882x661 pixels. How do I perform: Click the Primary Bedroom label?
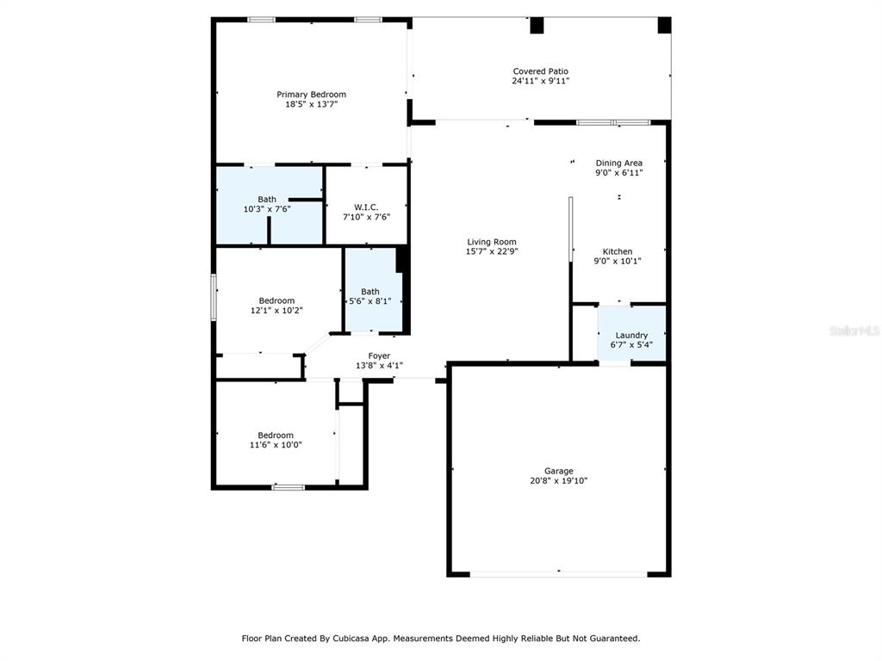click(x=311, y=95)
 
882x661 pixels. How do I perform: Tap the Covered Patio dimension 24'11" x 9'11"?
click(x=541, y=81)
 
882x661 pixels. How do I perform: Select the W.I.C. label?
click(x=366, y=207)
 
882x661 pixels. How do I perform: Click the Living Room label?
click(x=492, y=242)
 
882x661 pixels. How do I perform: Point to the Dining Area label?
click(x=618, y=163)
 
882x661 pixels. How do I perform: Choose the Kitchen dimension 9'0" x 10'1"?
click(x=618, y=262)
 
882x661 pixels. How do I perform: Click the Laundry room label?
click(x=631, y=336)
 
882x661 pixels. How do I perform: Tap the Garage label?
click(x=558, y=471)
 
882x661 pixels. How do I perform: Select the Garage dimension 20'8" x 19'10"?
click(x=558, y=481)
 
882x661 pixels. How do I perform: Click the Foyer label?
click(x=379, y=355)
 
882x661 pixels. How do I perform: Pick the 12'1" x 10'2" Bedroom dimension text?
click(x=276, y=310)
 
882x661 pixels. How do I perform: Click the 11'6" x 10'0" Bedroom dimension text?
click(x=276, y=445)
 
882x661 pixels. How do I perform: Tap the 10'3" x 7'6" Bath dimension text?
click(x=267, y=209)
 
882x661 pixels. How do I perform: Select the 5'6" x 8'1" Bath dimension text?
click(x=370, y=301)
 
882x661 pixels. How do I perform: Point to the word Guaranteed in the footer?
click(x=612, y=639)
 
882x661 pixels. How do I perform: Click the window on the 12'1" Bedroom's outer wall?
click(x=214, y=297)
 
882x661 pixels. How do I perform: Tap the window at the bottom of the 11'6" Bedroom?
click(x=289, y=487)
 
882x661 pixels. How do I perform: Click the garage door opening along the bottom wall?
click(x=558, y=574)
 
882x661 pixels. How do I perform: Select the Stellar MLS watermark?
click(x=855, y=331)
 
